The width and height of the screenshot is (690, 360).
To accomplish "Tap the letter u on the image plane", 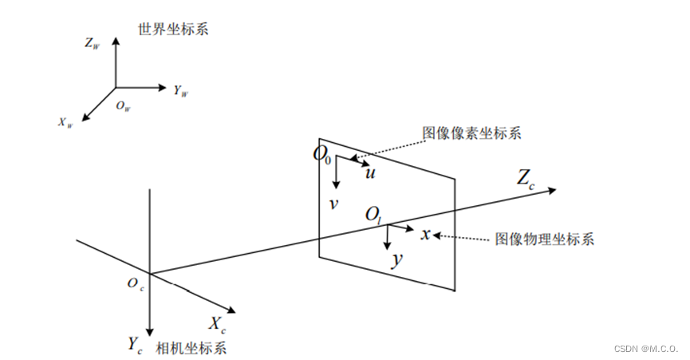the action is [370, 172].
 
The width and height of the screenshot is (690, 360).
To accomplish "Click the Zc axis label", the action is [526, 180].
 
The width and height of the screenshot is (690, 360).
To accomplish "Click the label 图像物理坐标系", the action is [544, 239].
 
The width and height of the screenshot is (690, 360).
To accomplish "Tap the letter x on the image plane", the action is [425, 234].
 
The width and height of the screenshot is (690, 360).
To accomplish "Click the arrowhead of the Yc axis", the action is [149, 332].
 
